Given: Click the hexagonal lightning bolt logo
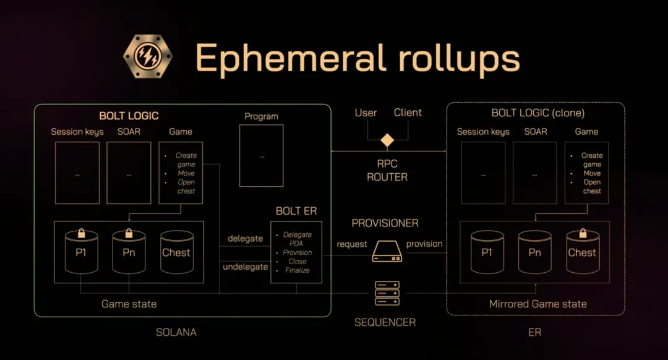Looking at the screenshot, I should tap(148, 57).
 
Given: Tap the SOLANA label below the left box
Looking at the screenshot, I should tap(176, 332).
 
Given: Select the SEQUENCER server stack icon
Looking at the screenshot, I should tap(387, 294).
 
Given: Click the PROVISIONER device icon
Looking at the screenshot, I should tap(387, 251).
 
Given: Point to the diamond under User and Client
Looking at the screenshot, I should tap(387, 140).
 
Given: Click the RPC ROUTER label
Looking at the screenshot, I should tap(387, 171).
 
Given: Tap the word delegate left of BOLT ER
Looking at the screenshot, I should tap(245, 239).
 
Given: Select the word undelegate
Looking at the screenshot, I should tap(245, 267).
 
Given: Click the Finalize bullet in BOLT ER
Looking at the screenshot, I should tap(298, 270).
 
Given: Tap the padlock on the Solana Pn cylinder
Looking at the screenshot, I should tap(129, 233).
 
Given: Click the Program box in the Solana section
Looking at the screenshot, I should tap(261, 155).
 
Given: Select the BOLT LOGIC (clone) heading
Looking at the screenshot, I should tap(537, 113).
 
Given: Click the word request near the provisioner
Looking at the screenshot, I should tap(351, 244).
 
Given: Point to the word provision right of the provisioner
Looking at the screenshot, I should tap(424, 244).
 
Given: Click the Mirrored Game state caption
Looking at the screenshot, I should tap(537, 304).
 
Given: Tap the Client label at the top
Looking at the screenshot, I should tap(408, 113).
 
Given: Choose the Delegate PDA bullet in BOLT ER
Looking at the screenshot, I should tap(298, 239).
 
